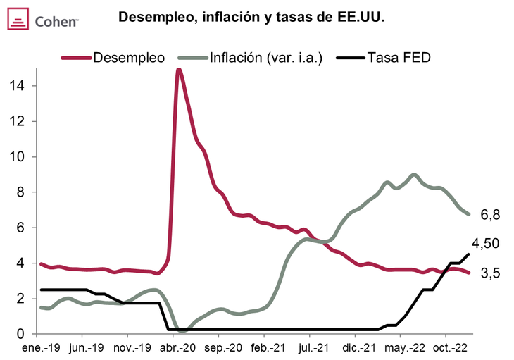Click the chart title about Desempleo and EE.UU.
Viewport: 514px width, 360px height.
(251, 16)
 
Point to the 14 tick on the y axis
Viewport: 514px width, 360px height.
(19, 86)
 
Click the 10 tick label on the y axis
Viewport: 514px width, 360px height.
(19, 156)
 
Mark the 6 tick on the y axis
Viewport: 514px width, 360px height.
(22, 228)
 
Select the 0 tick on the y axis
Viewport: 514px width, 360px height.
(22, 334)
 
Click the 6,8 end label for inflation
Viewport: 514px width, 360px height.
(490, 215)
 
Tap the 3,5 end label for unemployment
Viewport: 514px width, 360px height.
(490, 273)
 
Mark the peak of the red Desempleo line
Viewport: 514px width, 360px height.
(179, 69)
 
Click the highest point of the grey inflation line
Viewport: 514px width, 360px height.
(414, 175)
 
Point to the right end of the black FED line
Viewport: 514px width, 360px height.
(469, 254)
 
